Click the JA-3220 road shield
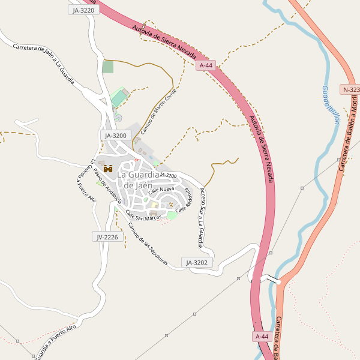(x=83, y=10)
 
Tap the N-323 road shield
(x=350, y=89)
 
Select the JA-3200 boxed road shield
(x=116, y=136)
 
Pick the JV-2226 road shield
(x=107, y=237)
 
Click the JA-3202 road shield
(x=197, y=262)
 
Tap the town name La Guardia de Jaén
(x=139, y=179)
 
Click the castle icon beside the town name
(x=108, y=169)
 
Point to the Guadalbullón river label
(x=330, y=104)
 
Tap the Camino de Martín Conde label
(x=158, y=115)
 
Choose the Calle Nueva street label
(x=161, y=190)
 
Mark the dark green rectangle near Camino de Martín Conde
(x=107, y=67)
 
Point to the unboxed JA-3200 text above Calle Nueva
(x=167, y=175)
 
